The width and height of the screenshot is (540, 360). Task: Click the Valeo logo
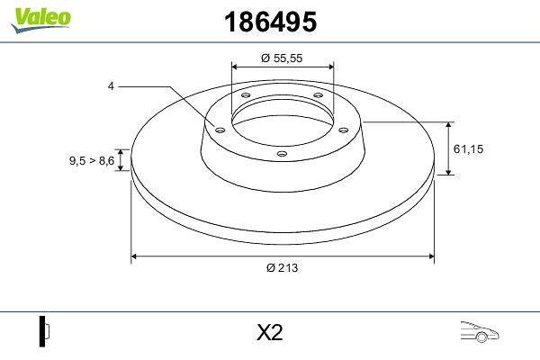(x=40, y=20)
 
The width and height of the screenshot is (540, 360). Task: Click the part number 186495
(x=270, y=22)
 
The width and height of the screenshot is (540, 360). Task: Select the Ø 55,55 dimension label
(x=282, y=58)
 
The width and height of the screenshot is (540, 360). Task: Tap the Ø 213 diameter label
(x=282, y=267)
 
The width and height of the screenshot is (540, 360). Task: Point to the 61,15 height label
(x=468, y=149)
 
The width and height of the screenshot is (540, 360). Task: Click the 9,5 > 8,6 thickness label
(x=92, y=160)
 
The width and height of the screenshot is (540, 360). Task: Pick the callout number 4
(x=111, y=86)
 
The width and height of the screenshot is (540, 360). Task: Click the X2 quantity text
(x=270, y=332)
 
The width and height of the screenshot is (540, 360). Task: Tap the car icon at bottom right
(x=480, y=331)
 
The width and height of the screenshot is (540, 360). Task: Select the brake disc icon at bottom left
(x=44, y=331)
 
